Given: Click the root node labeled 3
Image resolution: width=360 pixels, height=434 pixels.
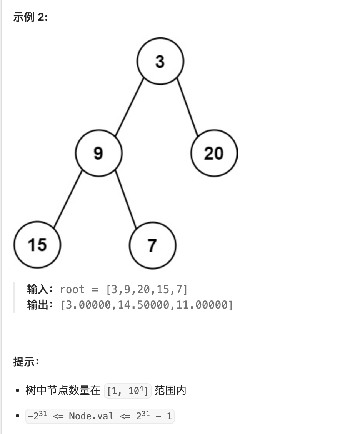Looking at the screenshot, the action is click(160, 61).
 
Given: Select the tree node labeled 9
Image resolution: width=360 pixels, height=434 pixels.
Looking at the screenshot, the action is click(99, 153).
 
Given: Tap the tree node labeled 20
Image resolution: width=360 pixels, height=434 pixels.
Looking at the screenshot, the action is click(214, 153).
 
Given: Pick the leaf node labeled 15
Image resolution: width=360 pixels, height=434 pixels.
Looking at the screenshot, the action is click(37, 245).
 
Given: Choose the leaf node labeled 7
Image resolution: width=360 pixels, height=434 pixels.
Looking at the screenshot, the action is click(153, 245).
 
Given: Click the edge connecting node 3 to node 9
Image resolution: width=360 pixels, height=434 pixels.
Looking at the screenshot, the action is click(129, 107).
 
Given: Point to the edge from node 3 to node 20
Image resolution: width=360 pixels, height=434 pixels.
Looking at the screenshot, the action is click(187, 107).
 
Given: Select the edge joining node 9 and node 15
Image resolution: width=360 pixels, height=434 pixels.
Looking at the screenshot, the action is click(68, 199).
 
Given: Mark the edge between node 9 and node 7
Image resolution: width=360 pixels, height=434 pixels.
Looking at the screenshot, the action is click(126, 199).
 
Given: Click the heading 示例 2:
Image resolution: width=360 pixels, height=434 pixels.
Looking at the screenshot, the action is click(31, 18).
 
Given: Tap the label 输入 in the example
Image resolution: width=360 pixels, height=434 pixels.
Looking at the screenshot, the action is click(37, 289).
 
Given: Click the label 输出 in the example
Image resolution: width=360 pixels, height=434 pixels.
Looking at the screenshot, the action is click(37, 305).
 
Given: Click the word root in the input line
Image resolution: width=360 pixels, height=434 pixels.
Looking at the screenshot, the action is click(72, 289).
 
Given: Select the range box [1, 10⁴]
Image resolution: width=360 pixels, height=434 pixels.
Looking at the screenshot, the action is click(128, 391).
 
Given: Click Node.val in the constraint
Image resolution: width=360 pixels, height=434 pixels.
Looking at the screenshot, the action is click(91, 416).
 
